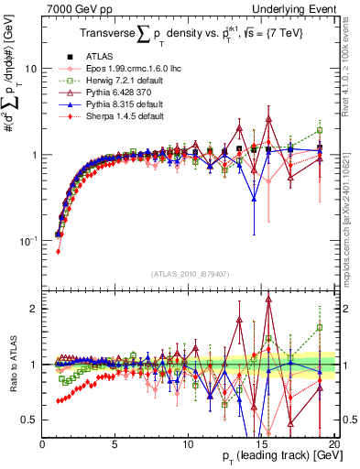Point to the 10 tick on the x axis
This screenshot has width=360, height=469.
[x=187, y=443]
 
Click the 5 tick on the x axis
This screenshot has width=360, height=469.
[x=115, y=443]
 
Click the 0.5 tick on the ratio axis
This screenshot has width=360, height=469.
[x=29, y=420]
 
